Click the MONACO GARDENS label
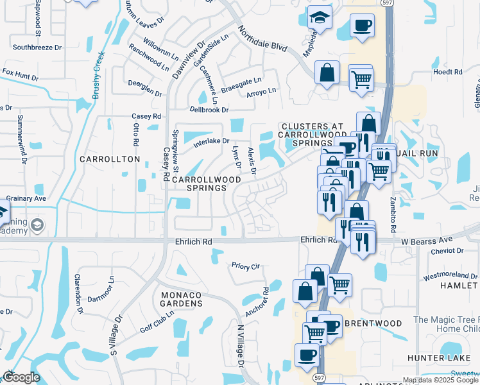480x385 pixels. click(177, 299)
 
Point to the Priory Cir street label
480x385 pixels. click(245, 264)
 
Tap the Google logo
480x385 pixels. click(21, 377)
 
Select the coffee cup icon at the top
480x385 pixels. click(362, 26)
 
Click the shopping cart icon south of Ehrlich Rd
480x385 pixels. click(339, 284)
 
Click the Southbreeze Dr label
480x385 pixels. click(37, 47)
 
